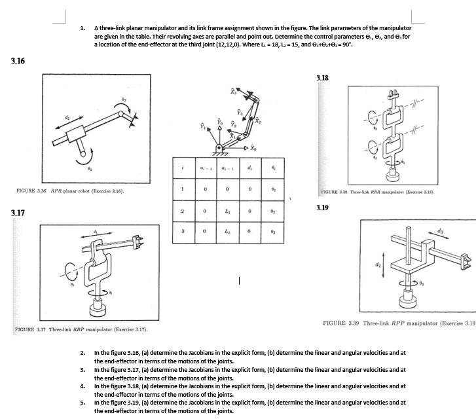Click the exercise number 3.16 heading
click(18, 61)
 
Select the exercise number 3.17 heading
click(18, 213)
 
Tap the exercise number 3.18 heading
click(322, 77)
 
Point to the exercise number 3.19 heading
click(322, 207)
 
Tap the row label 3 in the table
click(184, 234)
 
